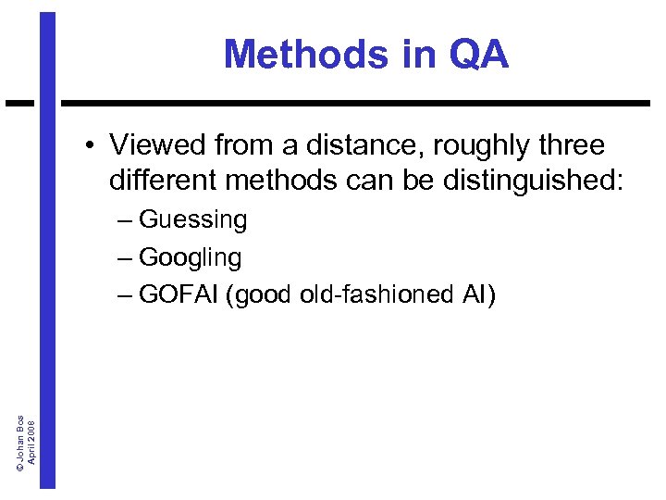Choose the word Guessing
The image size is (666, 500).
click(x=192, y=220)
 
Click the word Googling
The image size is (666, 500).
click(x=190, y=257)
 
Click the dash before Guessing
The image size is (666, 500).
click(x=125, y=220)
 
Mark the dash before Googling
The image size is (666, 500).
click(x=125, y=257)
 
